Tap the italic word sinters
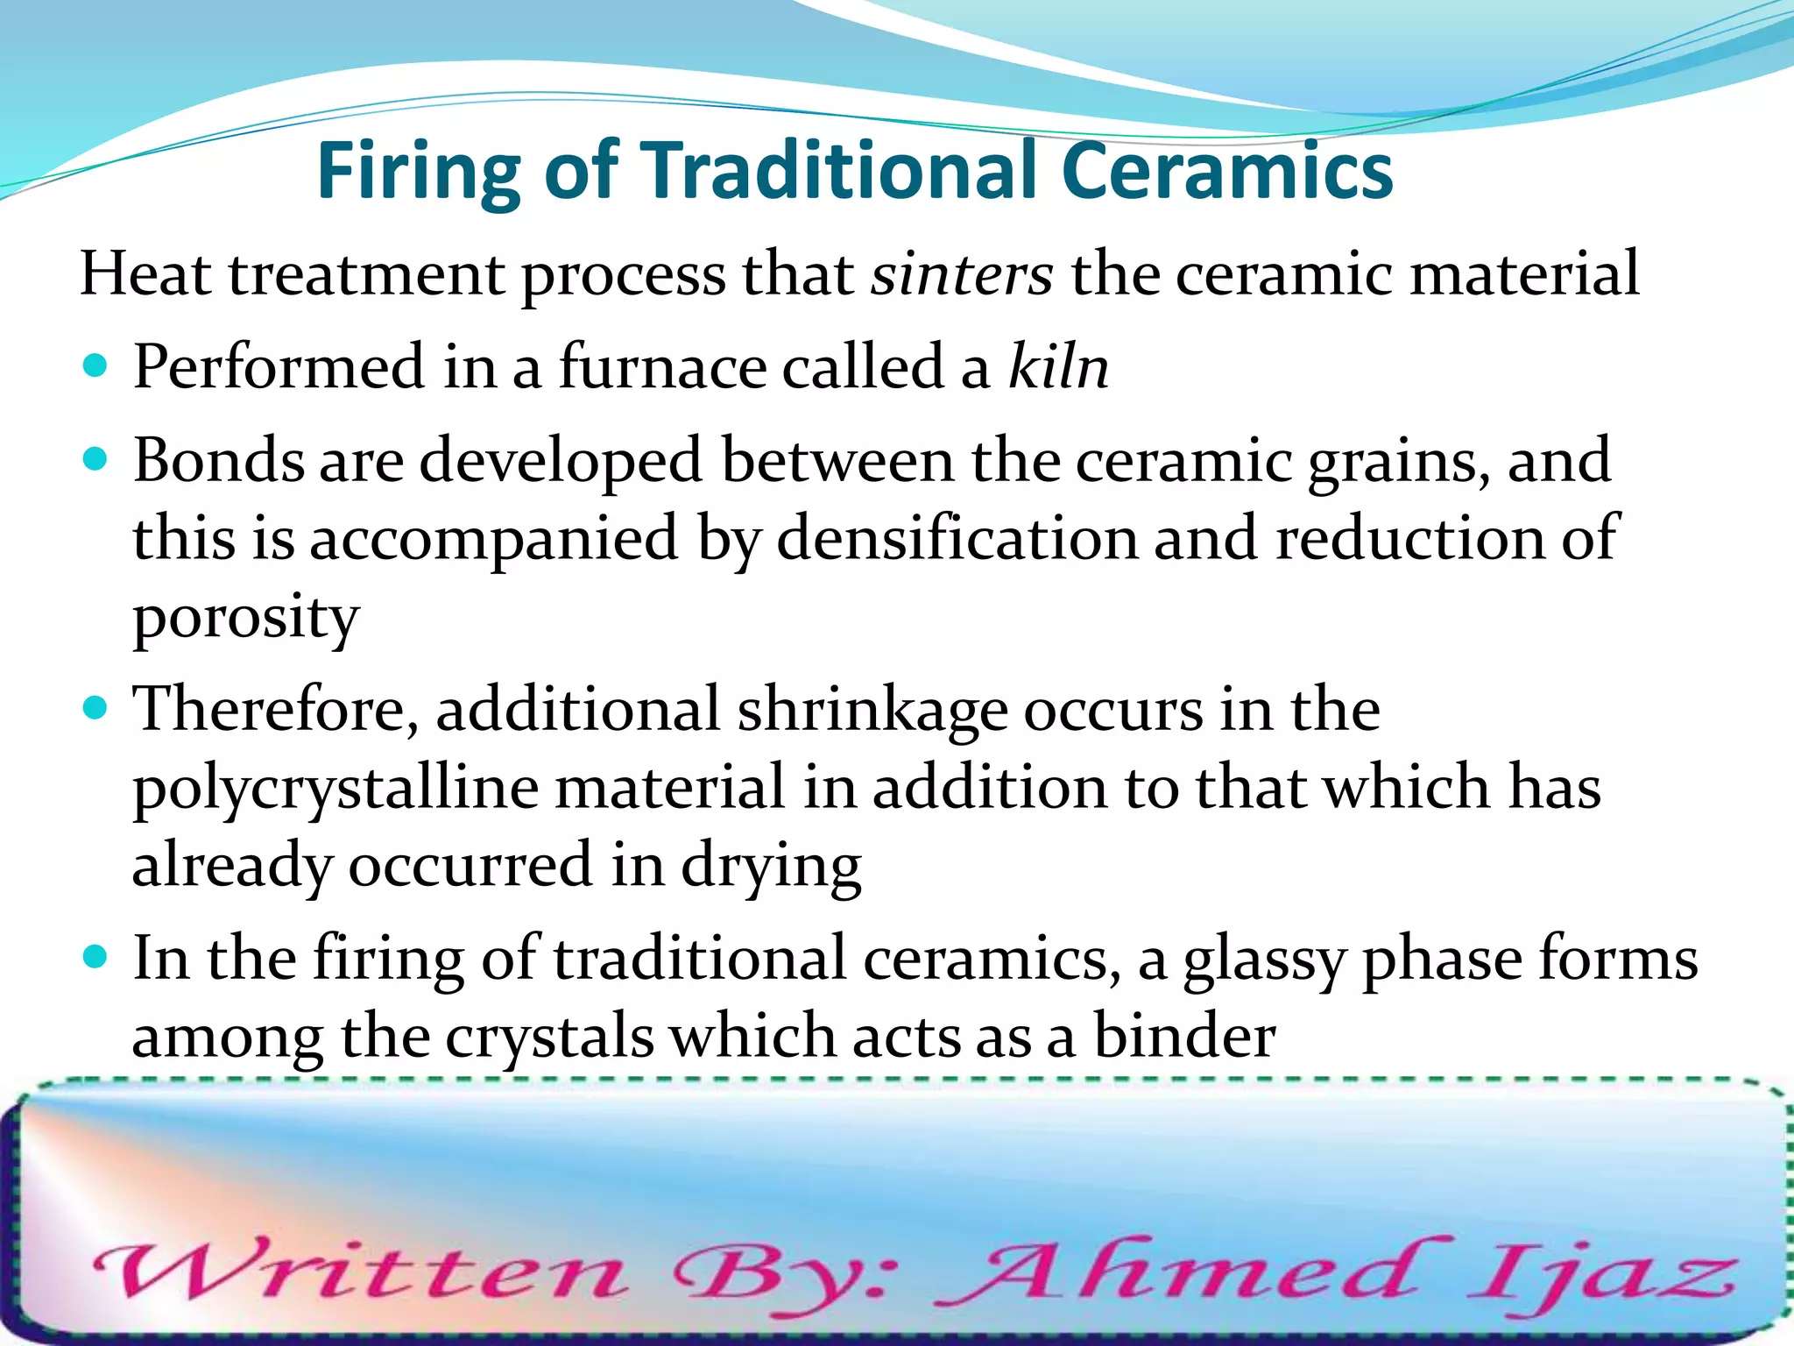pyautogui.click(x=961, y=274)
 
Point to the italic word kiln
pyautogui.click(x=1058, y=366)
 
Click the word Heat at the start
pyautogui.click(x=145, y=274)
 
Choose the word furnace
pyautogui.click(x=662, y=366)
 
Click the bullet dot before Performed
pyautogui.click(x=95, y=365)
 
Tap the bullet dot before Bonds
pyautogui.click(x=95, y=457)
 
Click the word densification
pyautogui.click(x=957, y=538)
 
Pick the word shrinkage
pyautogui.click(x=872, y=710)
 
